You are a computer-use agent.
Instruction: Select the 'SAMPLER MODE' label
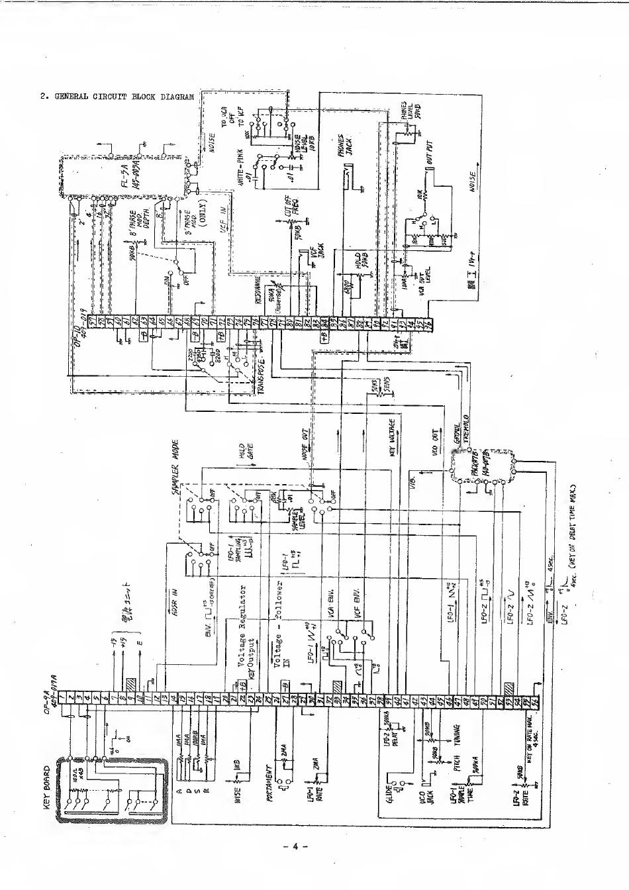[x=176, y=472]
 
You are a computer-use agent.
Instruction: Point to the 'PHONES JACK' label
[x=346, y=147]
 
